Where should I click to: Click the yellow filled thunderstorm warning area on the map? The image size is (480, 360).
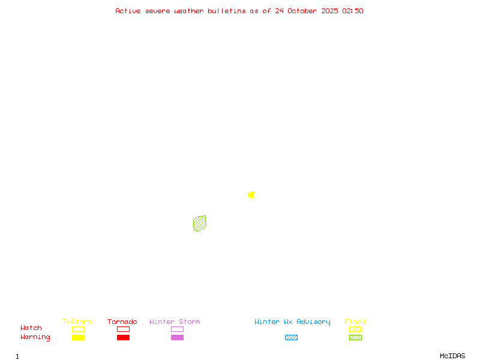(x=251, y=194)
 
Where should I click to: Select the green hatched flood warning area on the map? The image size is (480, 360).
(x=200, y=223)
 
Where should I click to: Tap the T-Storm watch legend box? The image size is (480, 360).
(x=78, y=329)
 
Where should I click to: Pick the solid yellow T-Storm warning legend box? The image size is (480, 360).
(x=78, y=337)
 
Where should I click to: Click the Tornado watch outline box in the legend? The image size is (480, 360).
(x=123, y=329)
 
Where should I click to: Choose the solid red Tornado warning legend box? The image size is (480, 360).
(x=123, y=337)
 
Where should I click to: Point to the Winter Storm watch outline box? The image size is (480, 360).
(x=177, y=329)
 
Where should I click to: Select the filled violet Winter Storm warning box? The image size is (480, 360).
(x=177, y=337)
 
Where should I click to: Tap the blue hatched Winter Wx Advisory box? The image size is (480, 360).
(x=291, y=337)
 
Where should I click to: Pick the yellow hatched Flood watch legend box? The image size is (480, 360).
(x=355, y=329)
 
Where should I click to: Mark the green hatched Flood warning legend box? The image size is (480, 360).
(x=355, y=337)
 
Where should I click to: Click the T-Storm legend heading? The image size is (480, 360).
(x=77, y=322)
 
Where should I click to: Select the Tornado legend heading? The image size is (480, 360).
(x=122, y=322)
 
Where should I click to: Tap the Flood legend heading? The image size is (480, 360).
(x=355, y=322)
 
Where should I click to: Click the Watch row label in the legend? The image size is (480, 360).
(x=31, y=328)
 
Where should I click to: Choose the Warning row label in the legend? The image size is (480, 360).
(x=35, y=337)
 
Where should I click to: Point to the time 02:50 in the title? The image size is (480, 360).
(x=353, y=11)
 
